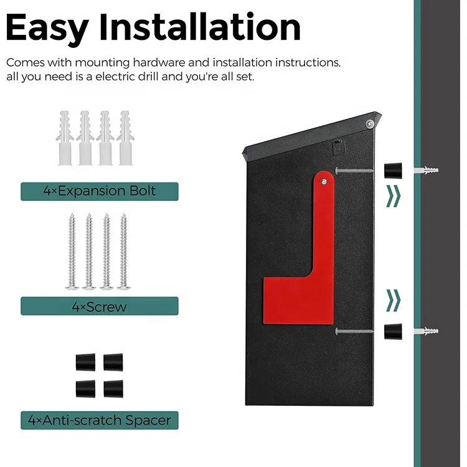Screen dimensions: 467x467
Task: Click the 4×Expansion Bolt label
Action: [x=100, y=191]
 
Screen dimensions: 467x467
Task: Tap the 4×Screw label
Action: [x=100, y=306]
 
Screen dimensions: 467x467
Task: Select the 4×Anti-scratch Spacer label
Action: [x=100, y=420]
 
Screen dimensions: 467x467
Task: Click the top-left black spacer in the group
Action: [x=85, y=362]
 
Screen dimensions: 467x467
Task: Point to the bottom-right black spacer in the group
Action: [x=113, y=389]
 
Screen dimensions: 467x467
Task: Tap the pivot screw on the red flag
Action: [x=325, y=181]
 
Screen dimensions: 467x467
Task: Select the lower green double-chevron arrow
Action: [x=393, y=300]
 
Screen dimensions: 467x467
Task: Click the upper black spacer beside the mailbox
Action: [x=392, y=170]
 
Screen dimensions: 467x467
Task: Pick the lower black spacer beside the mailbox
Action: [x=392, y=332]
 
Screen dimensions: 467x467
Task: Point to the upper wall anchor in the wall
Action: [x=430, y=170]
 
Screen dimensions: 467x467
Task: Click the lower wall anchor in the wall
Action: [x=430, y=331]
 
